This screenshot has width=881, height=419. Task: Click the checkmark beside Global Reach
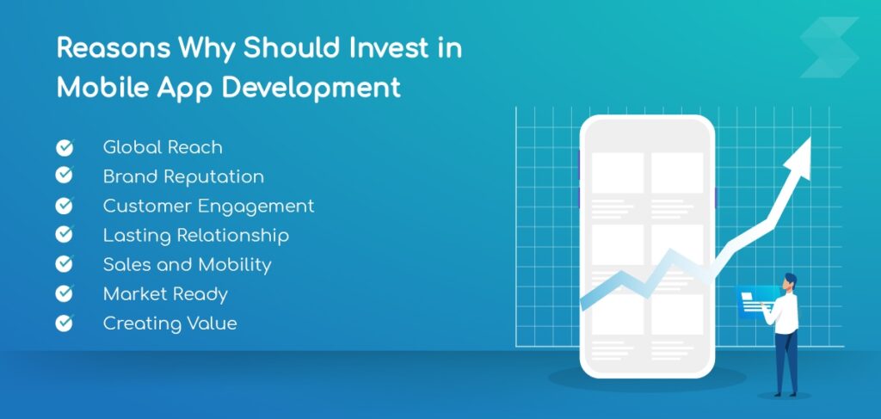65,147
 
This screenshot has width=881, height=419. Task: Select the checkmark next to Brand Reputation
65,176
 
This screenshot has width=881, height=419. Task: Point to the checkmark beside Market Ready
65,294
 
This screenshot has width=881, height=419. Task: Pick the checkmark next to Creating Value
65,323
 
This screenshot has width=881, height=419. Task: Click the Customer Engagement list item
208,206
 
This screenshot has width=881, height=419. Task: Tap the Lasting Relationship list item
195,235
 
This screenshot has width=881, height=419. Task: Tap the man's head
790,281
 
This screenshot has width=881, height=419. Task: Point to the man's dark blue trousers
785,361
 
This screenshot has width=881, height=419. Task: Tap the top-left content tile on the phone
618,173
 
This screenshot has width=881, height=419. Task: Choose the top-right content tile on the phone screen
676,173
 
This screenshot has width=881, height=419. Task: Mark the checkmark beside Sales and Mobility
65,265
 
